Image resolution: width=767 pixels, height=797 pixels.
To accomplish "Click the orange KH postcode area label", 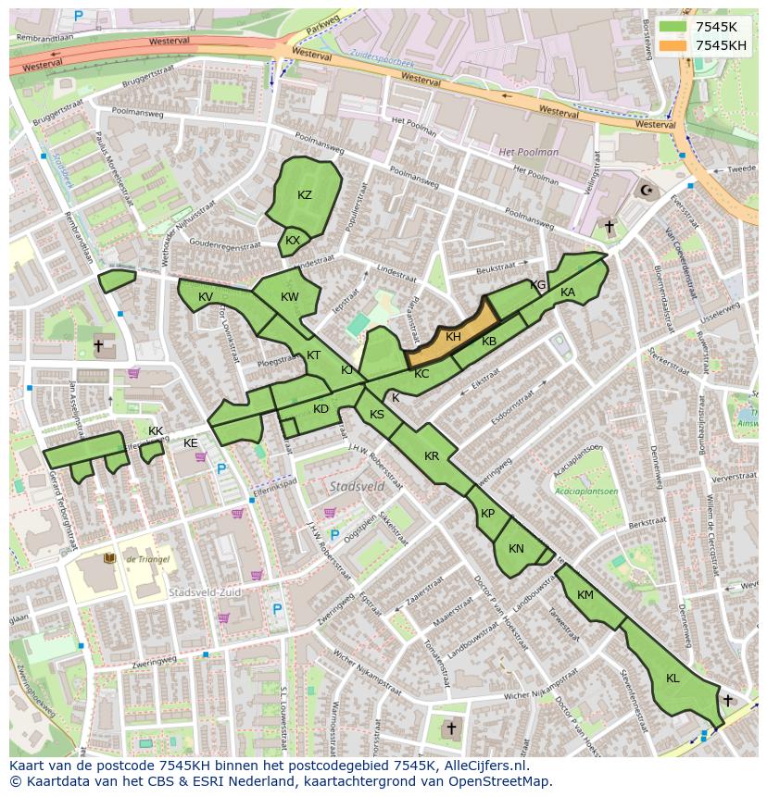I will (453, 337).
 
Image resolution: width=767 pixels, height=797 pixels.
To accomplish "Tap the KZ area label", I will (305, 195).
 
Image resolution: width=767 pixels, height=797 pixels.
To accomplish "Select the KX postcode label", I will (293, 241).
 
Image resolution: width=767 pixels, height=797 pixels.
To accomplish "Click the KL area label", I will (673, 679).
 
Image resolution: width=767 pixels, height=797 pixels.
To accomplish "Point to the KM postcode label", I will (585, 595).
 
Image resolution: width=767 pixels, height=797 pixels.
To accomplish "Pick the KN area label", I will (516, 549).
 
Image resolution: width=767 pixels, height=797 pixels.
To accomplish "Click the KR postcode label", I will (432, 456).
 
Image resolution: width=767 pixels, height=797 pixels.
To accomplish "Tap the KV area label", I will (206, 297).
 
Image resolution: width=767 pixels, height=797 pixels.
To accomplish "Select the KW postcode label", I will (290, 297).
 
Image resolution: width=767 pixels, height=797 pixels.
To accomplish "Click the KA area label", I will (568, 293).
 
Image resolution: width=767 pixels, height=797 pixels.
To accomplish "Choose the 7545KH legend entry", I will (722, 45).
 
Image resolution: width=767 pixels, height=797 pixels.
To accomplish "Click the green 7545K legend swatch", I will (673, 27).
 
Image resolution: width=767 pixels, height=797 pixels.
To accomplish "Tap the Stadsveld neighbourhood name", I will (357, 485).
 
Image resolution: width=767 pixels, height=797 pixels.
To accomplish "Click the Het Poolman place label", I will (529, 152).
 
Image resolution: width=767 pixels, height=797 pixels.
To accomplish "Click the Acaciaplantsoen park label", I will (586, 492).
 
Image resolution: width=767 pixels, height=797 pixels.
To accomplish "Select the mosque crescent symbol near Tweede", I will (647, 192).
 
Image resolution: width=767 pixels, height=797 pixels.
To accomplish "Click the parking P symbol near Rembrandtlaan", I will (78, 16).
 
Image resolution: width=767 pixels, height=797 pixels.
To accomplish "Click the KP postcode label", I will (487, 514).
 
